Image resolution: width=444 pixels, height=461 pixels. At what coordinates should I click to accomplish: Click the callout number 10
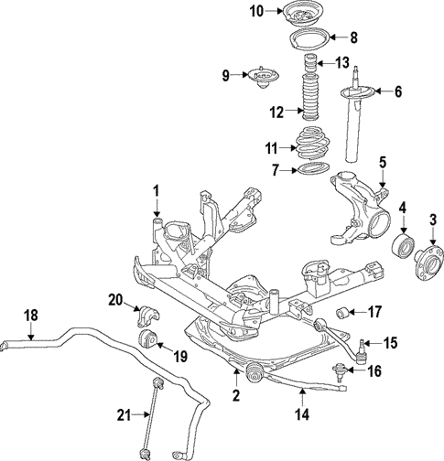pyautogui.click(x=256, y=12)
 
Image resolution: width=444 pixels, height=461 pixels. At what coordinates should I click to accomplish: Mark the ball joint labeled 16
pyautogui.click(x=340, y=371)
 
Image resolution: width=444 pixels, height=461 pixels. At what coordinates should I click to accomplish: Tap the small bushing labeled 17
pyautogui.click(x=342, y=313)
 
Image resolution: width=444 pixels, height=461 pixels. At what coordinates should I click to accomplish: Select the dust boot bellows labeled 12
pyautogui.click(x=310, y=96)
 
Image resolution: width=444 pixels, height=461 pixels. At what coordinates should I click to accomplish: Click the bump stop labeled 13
pyautogui.click(x=310, y=64)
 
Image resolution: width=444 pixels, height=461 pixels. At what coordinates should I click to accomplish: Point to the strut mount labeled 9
pyautogui.click(x=263, y=78)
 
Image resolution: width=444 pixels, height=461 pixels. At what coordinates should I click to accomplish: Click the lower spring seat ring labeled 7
pyautogui.click(x=314, y=169)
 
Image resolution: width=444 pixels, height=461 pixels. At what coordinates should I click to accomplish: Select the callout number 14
pyautogui.click(x=302, y=414)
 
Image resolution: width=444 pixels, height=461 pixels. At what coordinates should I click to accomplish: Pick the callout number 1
pyautogui.click(x=157, y=191)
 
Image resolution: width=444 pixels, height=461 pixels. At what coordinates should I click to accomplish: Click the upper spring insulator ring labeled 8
pyautogui.click(x=309, y=38)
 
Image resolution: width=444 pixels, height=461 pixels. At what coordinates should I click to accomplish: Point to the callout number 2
pyautogui.click(x=236, y=395)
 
